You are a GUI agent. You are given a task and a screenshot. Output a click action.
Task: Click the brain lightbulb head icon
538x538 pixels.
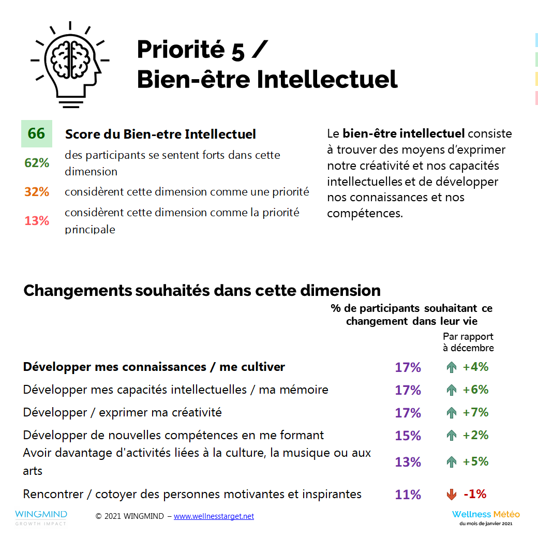pos(70,64)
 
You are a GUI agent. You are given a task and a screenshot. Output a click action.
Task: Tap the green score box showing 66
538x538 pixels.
pos(36,133)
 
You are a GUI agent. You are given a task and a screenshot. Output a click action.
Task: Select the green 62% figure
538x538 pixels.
pos(37,163)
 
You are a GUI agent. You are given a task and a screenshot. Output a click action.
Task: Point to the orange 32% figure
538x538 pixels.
pos(37,192)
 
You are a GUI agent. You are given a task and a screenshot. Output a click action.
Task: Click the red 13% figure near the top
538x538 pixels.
pos(37,221)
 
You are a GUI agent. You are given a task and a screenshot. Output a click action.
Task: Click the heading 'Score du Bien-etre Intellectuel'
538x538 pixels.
pos(160,134)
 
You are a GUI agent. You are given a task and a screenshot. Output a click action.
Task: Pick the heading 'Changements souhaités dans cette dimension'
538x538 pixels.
pos(202,290)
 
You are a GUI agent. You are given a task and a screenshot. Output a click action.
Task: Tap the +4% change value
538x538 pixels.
pos(475,367)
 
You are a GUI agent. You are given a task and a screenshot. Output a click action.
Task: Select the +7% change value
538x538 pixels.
pos(475,412)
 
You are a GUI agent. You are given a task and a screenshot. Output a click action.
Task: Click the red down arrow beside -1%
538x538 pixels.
pos(452,495)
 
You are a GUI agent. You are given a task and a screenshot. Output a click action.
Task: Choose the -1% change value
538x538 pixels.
pos(475,494)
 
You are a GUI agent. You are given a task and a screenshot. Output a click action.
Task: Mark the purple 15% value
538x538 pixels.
pos(408,436)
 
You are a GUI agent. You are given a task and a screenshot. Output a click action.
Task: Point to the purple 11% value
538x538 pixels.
pos(408,495)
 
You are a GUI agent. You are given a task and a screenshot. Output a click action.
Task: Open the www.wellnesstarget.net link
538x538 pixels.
pos(214,516)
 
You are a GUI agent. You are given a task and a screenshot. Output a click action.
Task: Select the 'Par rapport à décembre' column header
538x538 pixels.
pos(468,342)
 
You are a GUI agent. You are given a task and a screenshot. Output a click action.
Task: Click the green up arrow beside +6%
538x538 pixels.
pos(452,390)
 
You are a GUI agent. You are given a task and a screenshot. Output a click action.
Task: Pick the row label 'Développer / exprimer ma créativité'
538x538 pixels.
pos(123,412)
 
